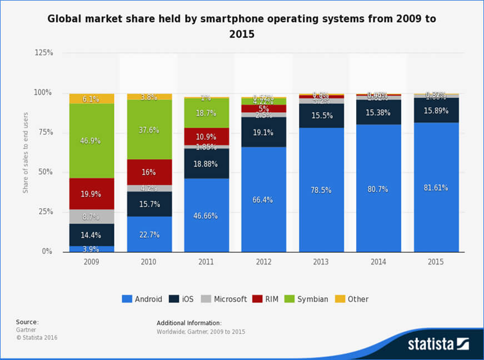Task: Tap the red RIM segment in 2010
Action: [149, 172]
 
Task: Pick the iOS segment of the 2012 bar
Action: [264, 132]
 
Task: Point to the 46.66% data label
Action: [206, 216]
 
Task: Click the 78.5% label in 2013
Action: [321, 190]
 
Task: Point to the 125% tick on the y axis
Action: [43, 53]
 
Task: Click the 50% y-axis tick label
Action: [45, 172]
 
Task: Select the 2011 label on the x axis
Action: [206, 261]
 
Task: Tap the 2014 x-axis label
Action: [378, 261]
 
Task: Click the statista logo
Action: [438, 343]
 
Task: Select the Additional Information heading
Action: [189, 323]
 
